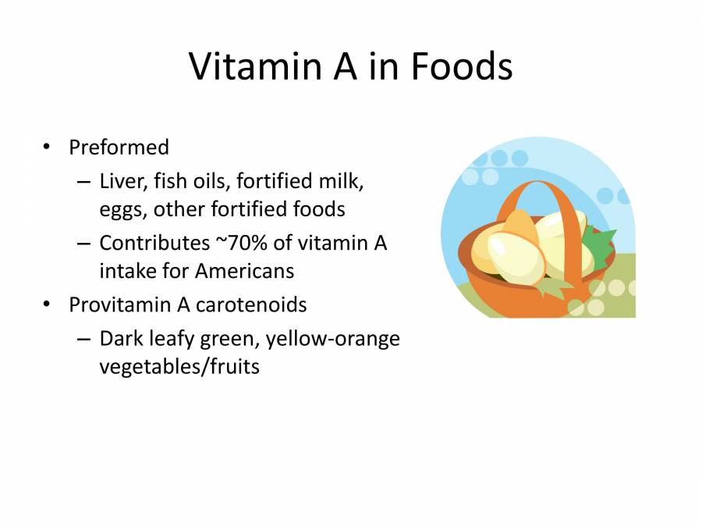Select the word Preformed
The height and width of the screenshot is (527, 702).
[119, 148]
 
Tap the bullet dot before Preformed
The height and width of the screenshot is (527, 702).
[48, 147]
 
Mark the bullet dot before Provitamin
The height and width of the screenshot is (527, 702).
[48, 304]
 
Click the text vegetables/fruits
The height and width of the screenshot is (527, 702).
[179, 366]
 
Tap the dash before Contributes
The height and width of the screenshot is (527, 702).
[84, 244]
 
